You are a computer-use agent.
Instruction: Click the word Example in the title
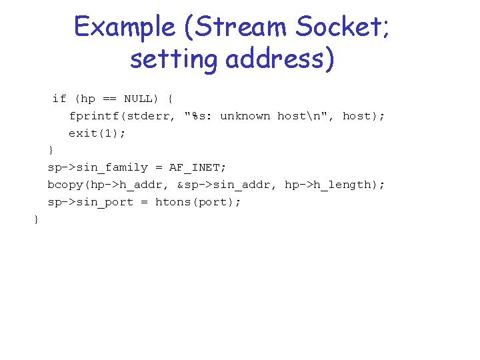123,27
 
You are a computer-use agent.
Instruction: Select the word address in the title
279,59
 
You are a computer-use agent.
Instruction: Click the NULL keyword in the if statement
138,99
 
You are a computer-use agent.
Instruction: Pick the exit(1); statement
97,133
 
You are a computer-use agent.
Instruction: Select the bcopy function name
65,185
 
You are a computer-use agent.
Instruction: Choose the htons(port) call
198,202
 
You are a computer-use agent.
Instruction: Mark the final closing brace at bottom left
36,219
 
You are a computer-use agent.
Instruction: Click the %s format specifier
198,116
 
